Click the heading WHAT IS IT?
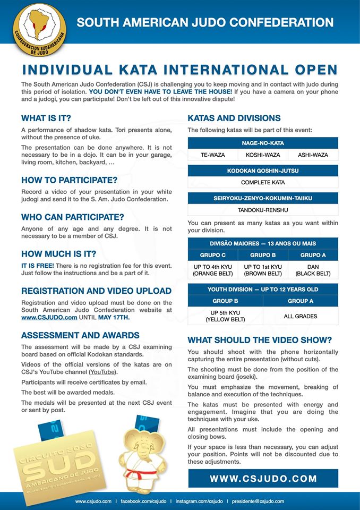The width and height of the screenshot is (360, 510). tap(46, 118)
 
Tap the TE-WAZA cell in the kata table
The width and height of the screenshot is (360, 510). tap(213, 155)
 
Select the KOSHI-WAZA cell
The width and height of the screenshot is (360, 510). tap(263, 155)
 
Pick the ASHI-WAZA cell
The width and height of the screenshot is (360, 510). tap(313, 155)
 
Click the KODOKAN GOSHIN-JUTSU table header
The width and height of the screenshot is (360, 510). tap(263, 171)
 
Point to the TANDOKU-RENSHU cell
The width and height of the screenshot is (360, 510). tap(263, 210)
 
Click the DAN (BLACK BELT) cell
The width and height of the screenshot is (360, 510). tap(313, 270)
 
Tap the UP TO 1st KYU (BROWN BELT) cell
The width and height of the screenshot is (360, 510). tap(263, 270)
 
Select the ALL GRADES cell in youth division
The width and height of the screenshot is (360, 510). tap(301, 316)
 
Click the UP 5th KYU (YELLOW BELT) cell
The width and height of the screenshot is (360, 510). tap(225, 316)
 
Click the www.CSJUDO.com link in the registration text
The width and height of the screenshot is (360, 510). tap(42, 317)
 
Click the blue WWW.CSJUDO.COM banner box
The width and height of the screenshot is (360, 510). tap(263, 478)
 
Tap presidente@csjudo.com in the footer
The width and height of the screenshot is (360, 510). tap(260, 501)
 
